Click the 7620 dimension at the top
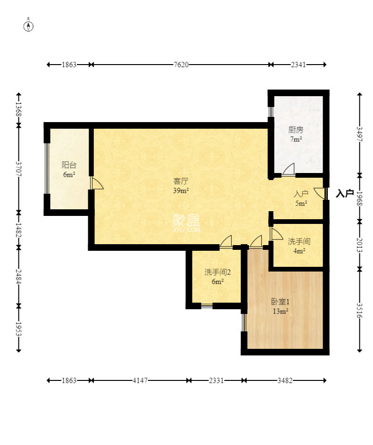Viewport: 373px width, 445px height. coord(181,65)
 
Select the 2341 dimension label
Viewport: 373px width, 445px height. coord(298,65)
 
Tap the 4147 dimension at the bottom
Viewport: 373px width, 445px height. coord(140,380)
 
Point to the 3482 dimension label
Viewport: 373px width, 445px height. coord(285,380)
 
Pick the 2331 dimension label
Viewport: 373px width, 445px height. coord(216,380)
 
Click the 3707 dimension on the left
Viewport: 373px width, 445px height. coord(18,169)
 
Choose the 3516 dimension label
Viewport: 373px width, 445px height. coord(360,311)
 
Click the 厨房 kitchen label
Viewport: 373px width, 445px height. coord(296,130)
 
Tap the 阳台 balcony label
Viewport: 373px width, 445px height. coord(69,165)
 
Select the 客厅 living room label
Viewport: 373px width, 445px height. coord(181,181)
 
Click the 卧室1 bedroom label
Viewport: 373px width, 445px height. coord(280,302)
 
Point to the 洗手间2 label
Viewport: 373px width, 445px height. coord(217,272)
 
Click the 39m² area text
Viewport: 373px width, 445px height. coord(181,190)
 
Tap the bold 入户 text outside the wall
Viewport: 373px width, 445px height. coord(345,193)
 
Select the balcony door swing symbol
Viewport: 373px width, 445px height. coord(97,183)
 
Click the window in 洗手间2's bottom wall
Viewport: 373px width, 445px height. coord(207,306)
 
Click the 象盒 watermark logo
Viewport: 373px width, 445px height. coord(186,223)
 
